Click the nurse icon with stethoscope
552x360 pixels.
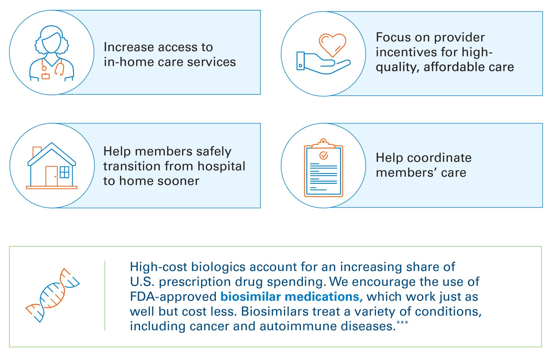click(52, 53)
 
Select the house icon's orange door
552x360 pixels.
click(51, 176)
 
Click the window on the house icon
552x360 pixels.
click(64, 172)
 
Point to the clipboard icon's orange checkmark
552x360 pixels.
click(323, 156)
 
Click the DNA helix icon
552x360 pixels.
click(53, 295)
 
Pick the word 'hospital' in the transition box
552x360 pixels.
click(221, 166)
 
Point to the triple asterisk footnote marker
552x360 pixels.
click(402, 322)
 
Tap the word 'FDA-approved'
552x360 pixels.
click(173, 297)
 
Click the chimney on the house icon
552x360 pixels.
click(37, 152)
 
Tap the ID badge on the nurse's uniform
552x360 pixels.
click(45, 76)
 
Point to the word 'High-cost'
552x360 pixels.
click(159, 267)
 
